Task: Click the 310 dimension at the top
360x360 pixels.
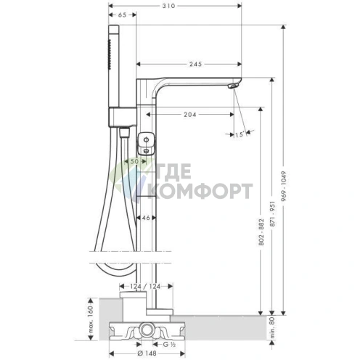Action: pos(168,6)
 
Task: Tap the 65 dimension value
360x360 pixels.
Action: pos(123,15)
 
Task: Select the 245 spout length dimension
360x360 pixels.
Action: pos(195,64)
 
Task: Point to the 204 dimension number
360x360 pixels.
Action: pos(190,115)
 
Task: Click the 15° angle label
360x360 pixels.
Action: pos(239,134)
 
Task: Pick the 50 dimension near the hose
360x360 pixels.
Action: pos(134,161)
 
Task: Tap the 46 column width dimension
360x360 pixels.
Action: pos(146,218)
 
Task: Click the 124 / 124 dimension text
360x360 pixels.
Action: pos(145,287)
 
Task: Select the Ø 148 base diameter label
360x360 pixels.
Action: pos(147,353)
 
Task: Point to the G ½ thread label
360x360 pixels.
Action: pos(169,344)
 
